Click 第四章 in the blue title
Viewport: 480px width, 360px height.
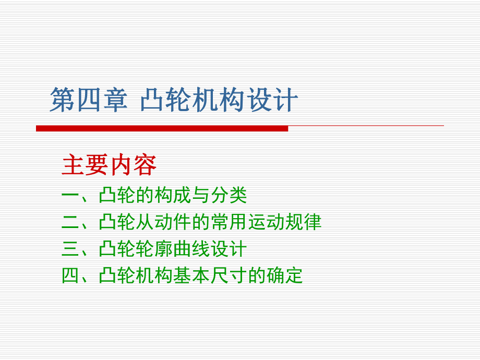[89, 100]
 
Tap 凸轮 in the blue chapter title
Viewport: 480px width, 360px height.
[166, 100]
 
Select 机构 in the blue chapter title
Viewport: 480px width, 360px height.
[219, 100]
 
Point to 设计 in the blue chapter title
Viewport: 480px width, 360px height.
[272, 100]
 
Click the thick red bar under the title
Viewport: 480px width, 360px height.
[162, 128]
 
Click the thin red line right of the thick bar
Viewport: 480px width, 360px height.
[365, 126]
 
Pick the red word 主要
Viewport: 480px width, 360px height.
[85, 165]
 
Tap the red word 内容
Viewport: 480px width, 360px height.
[133, 165]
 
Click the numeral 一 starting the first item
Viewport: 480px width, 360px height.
[70, 196]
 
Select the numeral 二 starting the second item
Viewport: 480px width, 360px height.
[70, 222]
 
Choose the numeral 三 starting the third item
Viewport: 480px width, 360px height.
[70, 249]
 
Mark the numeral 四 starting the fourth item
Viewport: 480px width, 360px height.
[70, 275]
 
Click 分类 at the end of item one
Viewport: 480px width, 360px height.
[229, 196]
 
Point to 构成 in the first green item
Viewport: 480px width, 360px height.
[173, 196]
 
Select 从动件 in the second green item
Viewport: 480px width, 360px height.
[163, 222]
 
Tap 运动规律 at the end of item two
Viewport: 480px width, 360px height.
[284, 222]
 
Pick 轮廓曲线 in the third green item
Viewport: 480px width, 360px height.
[173, 249]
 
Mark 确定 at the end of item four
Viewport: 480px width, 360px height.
[285, 275]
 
